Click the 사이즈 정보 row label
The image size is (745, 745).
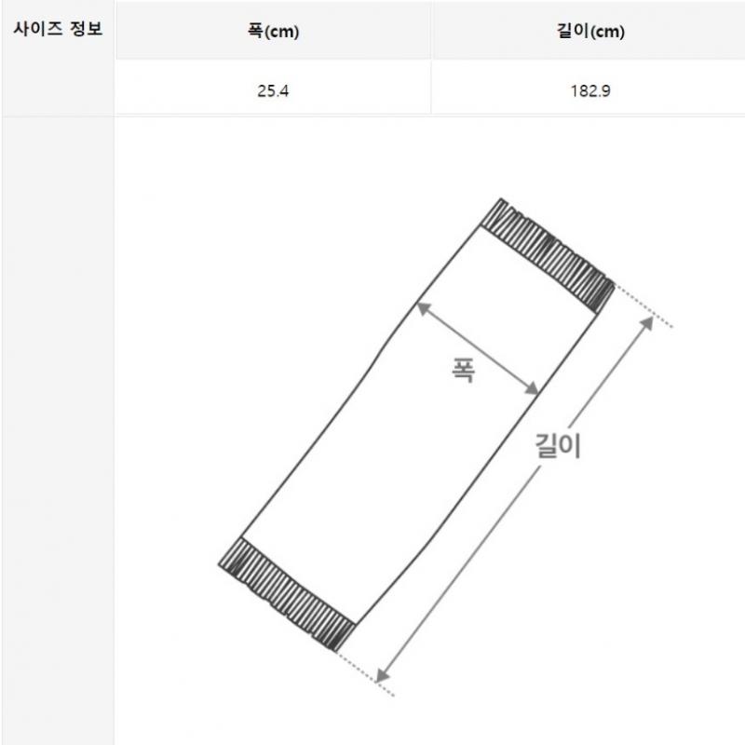pos(58,29)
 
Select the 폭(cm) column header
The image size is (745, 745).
pos(273,32)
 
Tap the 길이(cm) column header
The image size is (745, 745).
pos(590,32)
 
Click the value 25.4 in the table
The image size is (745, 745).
pos(273,90)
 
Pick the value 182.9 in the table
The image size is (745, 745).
pos(590,90)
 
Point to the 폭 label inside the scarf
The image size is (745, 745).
pos(463,370)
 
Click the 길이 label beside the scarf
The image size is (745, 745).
pos(558,445)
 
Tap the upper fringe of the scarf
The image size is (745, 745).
pos(548,255)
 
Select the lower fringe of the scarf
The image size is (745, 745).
pos(287,594)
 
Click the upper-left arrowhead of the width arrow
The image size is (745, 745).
pos(422,308)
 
